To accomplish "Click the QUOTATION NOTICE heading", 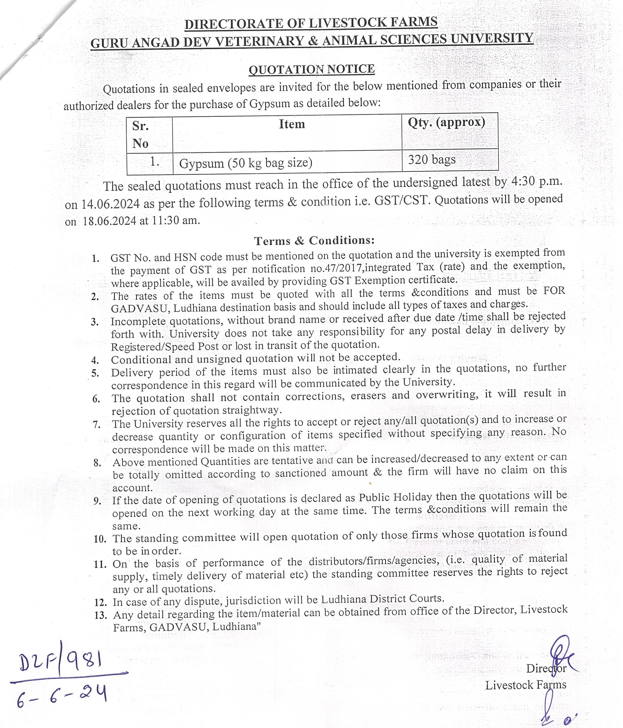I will click(x=311, y=69).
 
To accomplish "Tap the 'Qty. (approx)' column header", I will click(x=446, y=123).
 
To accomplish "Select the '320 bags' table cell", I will click(x=432, y=160).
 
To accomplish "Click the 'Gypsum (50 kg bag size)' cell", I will click(x=246, y=163).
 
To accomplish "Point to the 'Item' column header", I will click(x=292, y=124).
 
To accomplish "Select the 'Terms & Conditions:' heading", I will click(x=314, y=241).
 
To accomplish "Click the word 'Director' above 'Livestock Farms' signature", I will click(x=546, y=668).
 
